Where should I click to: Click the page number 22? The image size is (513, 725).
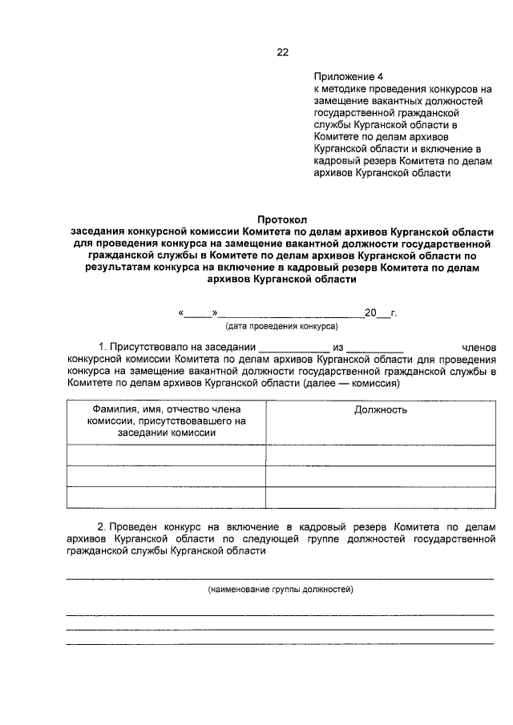click(282, 52)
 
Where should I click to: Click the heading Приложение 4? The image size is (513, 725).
click(349, 78)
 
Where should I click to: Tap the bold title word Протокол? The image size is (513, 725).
click(282, 219)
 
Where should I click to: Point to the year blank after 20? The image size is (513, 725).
click(384, 314)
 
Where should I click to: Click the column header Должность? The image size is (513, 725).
click(380, 409)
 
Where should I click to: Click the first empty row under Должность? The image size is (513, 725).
click(380, 455)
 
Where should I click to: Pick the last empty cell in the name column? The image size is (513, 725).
click(166, 497)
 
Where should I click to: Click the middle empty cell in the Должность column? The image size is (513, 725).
click(380, 476)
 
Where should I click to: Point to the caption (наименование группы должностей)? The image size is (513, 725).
click(281, 590)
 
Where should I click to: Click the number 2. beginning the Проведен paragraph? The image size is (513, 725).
click(102, 527)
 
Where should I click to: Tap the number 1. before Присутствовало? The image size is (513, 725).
click(102, 347)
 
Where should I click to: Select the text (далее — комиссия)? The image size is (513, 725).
click(351, 384)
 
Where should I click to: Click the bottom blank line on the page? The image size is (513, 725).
click(280, 642)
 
